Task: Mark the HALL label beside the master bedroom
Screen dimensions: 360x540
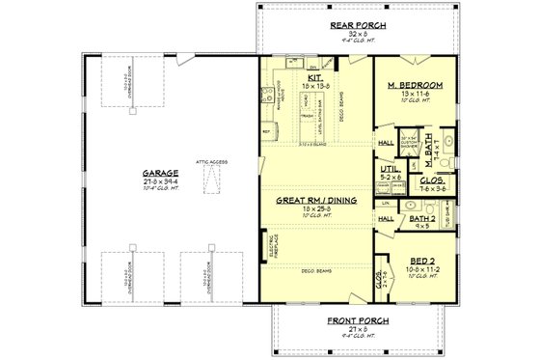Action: pos(386,141)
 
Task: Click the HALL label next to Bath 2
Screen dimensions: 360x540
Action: pos(386,219)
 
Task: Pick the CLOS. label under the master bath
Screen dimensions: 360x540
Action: pos(432,180)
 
